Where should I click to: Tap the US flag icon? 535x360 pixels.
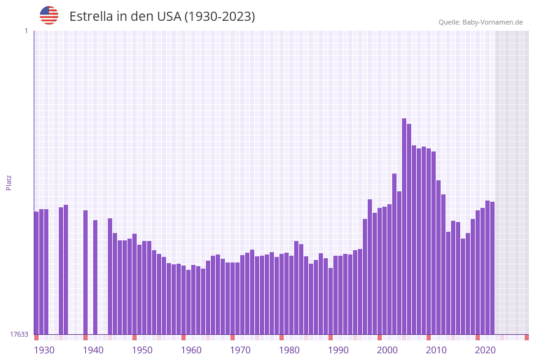[x=49, y=15]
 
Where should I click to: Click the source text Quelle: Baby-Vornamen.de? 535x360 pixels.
[x=480, y=22]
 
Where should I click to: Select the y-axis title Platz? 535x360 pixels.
[x=9, y=182]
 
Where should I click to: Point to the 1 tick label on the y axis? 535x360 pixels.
[x=26, y=31]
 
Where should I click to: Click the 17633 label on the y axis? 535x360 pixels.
[x=19, y=334]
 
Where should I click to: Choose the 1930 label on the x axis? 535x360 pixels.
[x=44, y=350]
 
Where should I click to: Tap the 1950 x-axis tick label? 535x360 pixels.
[x=142, y=350]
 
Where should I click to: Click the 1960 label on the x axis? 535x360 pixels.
[x=191, y=350]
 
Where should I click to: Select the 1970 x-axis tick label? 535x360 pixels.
[x=240, y=350]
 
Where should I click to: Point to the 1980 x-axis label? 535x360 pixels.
[x=289, y=350]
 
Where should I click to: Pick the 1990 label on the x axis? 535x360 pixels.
[x=338, y=350]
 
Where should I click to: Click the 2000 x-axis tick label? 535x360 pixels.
[x=387, y=350]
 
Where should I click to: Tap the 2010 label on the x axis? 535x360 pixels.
[x=436, y=350]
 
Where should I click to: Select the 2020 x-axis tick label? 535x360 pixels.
[x=485, y=350]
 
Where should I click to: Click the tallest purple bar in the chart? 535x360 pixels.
[x=404, y=227]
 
